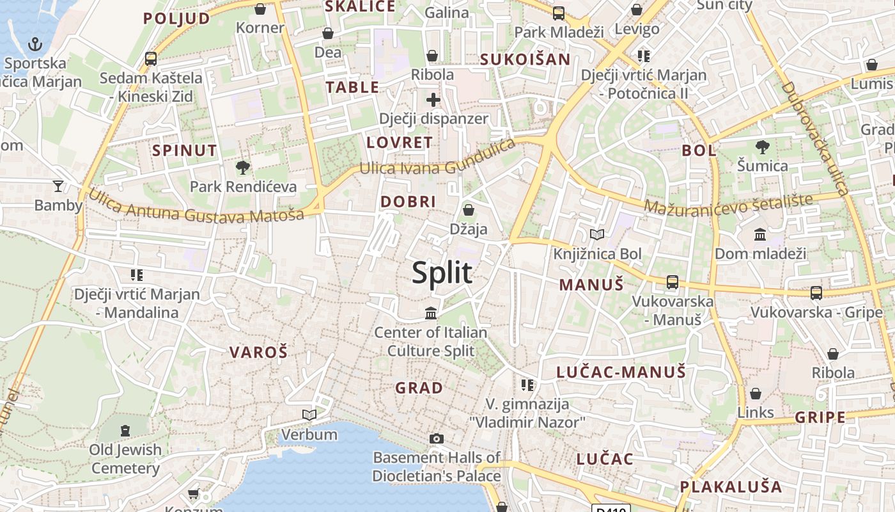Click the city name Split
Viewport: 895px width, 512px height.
point(442,273)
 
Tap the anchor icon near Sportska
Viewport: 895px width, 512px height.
point(35,44)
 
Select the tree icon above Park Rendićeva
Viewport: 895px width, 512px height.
point(242,168)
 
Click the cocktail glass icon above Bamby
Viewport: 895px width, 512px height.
point(58,186)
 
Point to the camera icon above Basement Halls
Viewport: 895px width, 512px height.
point(437,438)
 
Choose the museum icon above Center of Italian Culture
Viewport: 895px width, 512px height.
point(432,314)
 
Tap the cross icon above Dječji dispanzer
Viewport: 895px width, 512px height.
point(433,100)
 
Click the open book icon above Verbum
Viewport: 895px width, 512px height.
point(309,415)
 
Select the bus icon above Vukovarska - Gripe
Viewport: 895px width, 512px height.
point(816,293)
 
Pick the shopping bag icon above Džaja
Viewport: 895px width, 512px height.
point(469,210)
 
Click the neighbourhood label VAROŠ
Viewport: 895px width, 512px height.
point(258,351)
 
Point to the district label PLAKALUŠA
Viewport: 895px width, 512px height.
point(731,486)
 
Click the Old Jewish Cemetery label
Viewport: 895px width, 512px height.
point(125,459)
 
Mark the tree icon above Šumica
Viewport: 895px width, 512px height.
point(762,147)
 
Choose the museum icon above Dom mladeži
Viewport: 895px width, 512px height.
point(760,235)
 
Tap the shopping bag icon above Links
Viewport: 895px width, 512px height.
point(756,394)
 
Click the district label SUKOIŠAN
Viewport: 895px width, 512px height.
point(525,60)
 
